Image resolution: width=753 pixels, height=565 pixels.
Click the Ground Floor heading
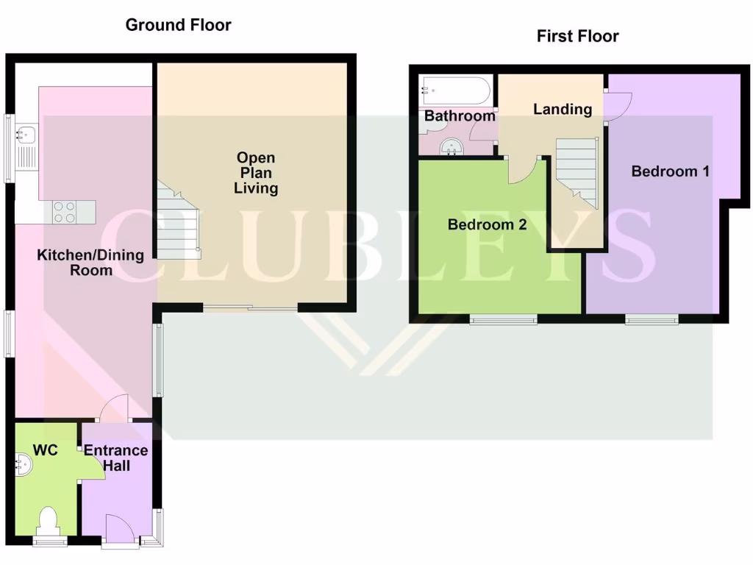(x=178, y=25)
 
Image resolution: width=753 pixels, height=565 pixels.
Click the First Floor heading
(x=577, y=36)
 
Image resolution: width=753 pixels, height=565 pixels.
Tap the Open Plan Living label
(x=256, y=173)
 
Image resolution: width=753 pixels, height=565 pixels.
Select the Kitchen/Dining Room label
(x=75, y=263)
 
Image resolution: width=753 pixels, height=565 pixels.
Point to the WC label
(x=45, y=449)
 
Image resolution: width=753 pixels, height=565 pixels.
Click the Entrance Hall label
(x=115, y=458)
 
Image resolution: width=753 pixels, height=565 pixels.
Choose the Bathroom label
(x=460, y=116)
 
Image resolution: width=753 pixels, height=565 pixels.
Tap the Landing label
(x=563, y=110)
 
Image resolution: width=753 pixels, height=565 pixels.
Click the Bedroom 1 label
(x=670, y=171)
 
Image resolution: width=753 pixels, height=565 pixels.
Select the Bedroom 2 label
(x=487, y=225)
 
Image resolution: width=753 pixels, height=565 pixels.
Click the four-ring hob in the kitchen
(x=64, y=213)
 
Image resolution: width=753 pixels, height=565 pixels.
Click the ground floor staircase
(x=177, y=221)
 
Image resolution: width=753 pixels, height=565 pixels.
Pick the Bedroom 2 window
(x=504, y=319)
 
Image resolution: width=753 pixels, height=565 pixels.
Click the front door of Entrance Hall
(x=119, y=530)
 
